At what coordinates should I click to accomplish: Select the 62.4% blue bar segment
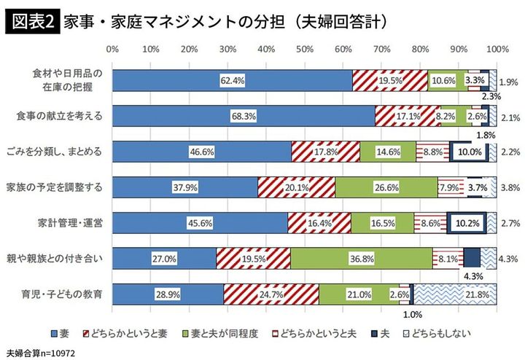[x=232, y=80]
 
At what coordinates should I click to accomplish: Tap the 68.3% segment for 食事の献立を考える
[x=244, y=116]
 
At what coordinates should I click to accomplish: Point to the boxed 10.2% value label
[x=464, y=222]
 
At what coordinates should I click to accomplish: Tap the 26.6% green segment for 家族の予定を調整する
[x=386, y=187]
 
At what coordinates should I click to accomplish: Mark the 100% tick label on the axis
[x=496, y=50]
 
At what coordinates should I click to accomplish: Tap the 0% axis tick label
[x=112, y=50]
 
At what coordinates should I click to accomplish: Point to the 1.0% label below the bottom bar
[x=412, y=314]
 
